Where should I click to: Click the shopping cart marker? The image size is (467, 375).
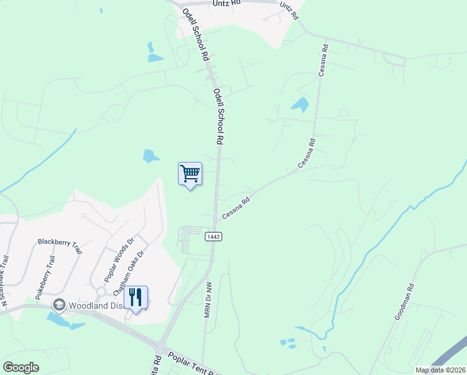[x=190, y=173]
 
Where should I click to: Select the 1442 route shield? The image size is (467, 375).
[x=212, y=236]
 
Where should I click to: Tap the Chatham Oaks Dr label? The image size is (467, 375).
[x=129, y=273]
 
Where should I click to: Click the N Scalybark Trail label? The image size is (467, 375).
[x=5, y=281]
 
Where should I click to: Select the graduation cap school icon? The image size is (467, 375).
[x=59, y=305]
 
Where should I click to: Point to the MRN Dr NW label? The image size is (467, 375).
[x=209, y=299]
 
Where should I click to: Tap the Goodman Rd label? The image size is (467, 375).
[x=404, y=302]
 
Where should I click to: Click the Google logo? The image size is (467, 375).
[x=21, y=367]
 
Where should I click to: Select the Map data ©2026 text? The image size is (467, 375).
[x=440, y=370]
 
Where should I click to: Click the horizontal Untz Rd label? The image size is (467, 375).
[x=227, y=3]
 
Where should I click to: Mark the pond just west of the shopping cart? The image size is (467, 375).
[x=150, y=156]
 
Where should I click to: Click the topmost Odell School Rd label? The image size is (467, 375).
[x=195, y=34]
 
